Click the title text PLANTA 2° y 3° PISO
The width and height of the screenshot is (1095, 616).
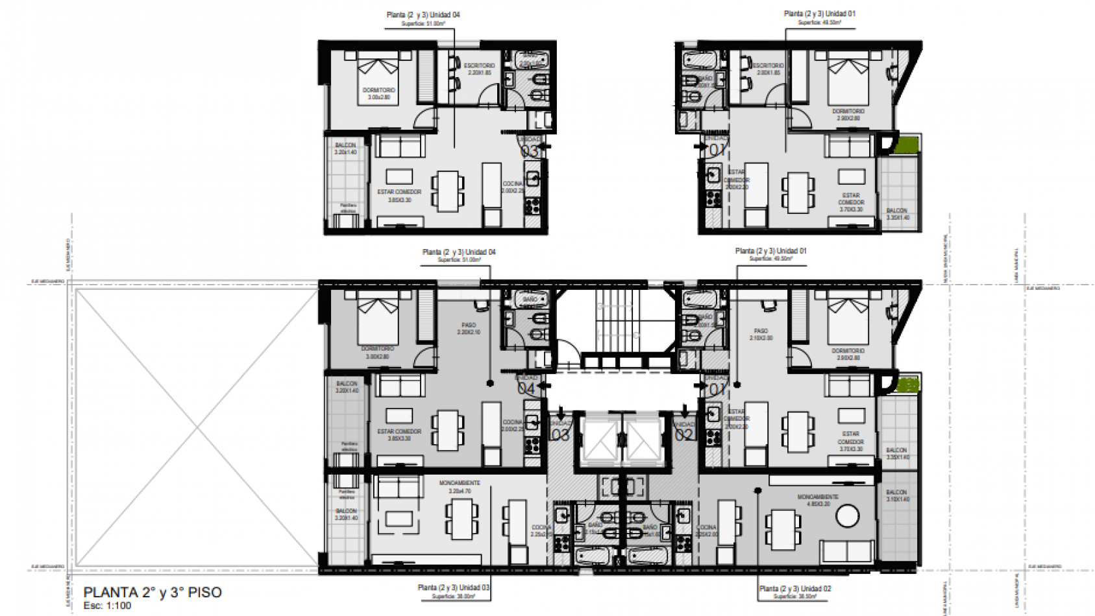pos(153,592)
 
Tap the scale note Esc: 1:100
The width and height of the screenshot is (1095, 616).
pos(107,606)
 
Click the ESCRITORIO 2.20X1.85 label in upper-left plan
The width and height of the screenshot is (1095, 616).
pos(479,69)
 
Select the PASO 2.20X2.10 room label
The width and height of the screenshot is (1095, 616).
pos(469,328)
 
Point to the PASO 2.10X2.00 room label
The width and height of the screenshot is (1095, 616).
pos(761,334)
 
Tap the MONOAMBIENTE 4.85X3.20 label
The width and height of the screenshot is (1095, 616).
pos(817,500)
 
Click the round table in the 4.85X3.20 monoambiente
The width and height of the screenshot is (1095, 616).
pos(848,516)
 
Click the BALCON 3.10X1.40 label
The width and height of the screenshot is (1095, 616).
pos(898,495)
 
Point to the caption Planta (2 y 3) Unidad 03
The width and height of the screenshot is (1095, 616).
pos(453,587)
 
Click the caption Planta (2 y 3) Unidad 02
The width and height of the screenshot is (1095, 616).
pos(794,588)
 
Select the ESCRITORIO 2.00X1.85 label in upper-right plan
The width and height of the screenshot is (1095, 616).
pos(768,69)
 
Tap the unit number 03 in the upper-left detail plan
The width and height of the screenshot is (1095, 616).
pos(529,151)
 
